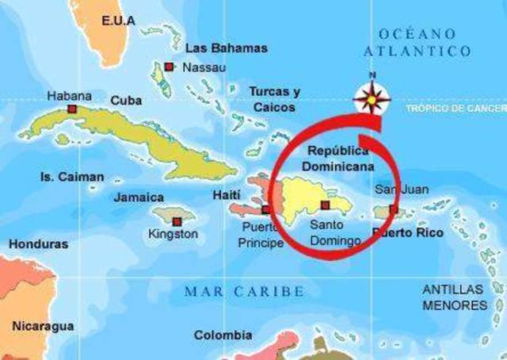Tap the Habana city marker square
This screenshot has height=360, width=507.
[x=72, y=109]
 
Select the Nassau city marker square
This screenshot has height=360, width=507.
[x=170, y=67]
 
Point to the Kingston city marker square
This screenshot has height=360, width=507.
[x=177, y=222]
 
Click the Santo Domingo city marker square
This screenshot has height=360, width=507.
[x=324, y=205]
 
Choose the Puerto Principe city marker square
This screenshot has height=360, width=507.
[x=266, y=210]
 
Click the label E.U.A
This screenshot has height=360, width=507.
[x=119, y=20]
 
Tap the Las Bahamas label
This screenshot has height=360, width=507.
[x=226, y=48]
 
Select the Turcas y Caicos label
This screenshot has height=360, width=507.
[x=274, y=98]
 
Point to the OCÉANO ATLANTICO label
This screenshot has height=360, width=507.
[x=417, y=42]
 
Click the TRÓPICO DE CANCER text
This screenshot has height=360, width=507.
[x=455, y=107]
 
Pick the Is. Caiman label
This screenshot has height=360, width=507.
[x=72, y=177]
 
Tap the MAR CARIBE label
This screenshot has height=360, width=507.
[x=244, y=292]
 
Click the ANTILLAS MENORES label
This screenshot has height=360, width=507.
[x=455, y=297]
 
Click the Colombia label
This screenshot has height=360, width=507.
[x=223, y=335]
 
